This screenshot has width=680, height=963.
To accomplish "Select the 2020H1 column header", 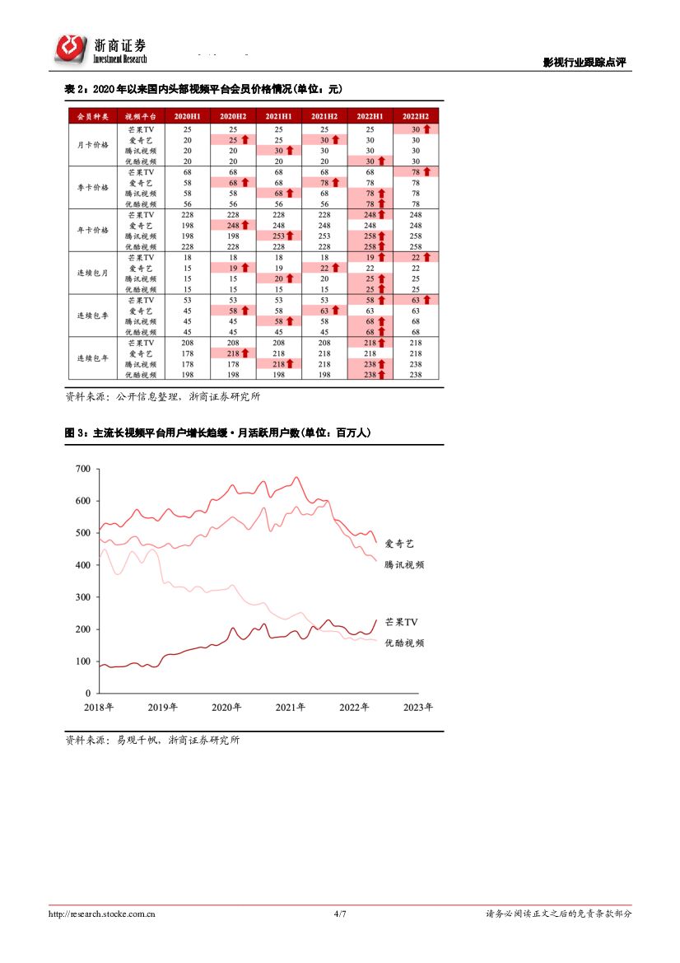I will coord(188,117).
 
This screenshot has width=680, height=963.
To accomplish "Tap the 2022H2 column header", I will coord(416,117).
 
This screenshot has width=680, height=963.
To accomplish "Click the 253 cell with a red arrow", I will coord(278,236).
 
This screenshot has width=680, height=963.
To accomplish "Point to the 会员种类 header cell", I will coord(91,117).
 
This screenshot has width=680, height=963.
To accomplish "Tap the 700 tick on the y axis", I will coord(82,470).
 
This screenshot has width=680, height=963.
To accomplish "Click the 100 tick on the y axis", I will coord(82,661).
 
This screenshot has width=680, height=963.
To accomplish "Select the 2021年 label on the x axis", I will coord(290,707).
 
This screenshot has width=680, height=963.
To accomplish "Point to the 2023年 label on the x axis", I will coord(417,707).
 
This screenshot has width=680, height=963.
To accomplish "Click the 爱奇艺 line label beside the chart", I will coord(400,545).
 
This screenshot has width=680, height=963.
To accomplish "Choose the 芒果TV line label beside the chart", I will coord(402,623).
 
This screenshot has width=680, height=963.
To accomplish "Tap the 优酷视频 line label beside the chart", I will coord(405,643).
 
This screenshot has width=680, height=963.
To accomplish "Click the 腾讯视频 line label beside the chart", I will coord(405,565).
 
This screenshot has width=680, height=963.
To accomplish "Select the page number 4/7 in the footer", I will coord(340,914).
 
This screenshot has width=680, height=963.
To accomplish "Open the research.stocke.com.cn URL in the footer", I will coord(103,914).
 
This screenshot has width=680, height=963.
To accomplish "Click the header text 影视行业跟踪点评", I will coord(585,63).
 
